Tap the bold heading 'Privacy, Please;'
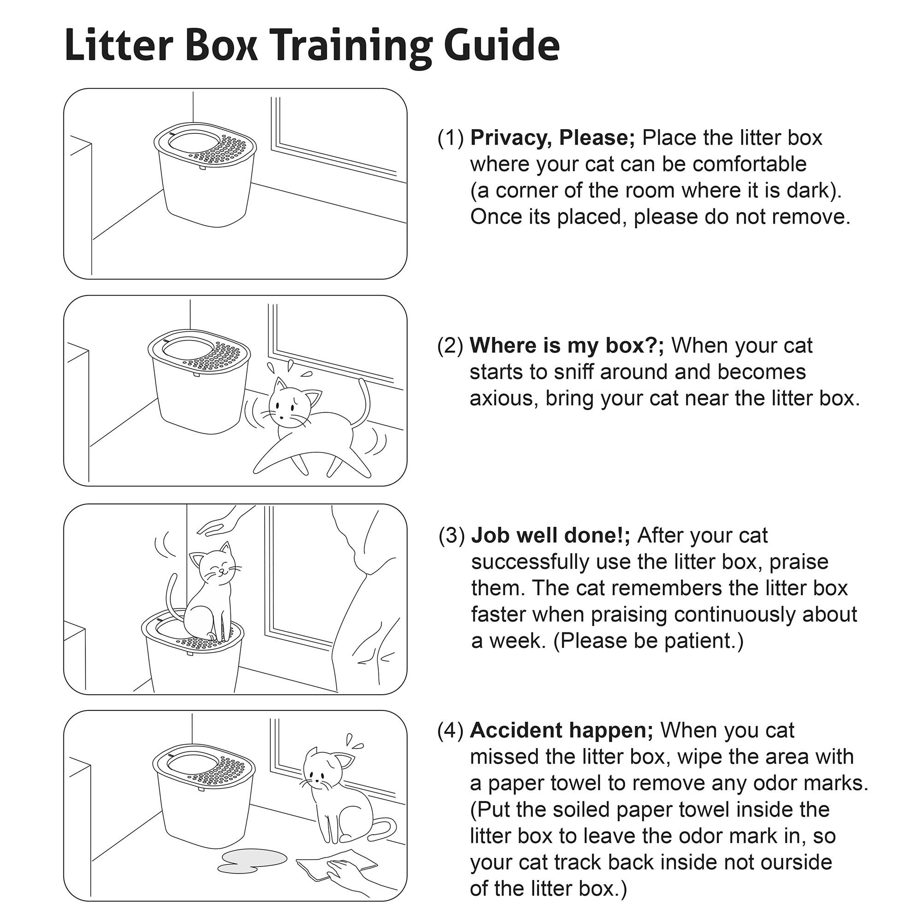coord(552,138)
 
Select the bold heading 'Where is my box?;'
coord(567,345)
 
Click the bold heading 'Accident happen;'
coord(561,730)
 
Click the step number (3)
coord(451,536)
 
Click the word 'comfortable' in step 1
coord(749,164)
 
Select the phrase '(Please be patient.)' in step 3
coord(649,640)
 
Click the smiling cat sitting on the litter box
coord(210,597)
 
